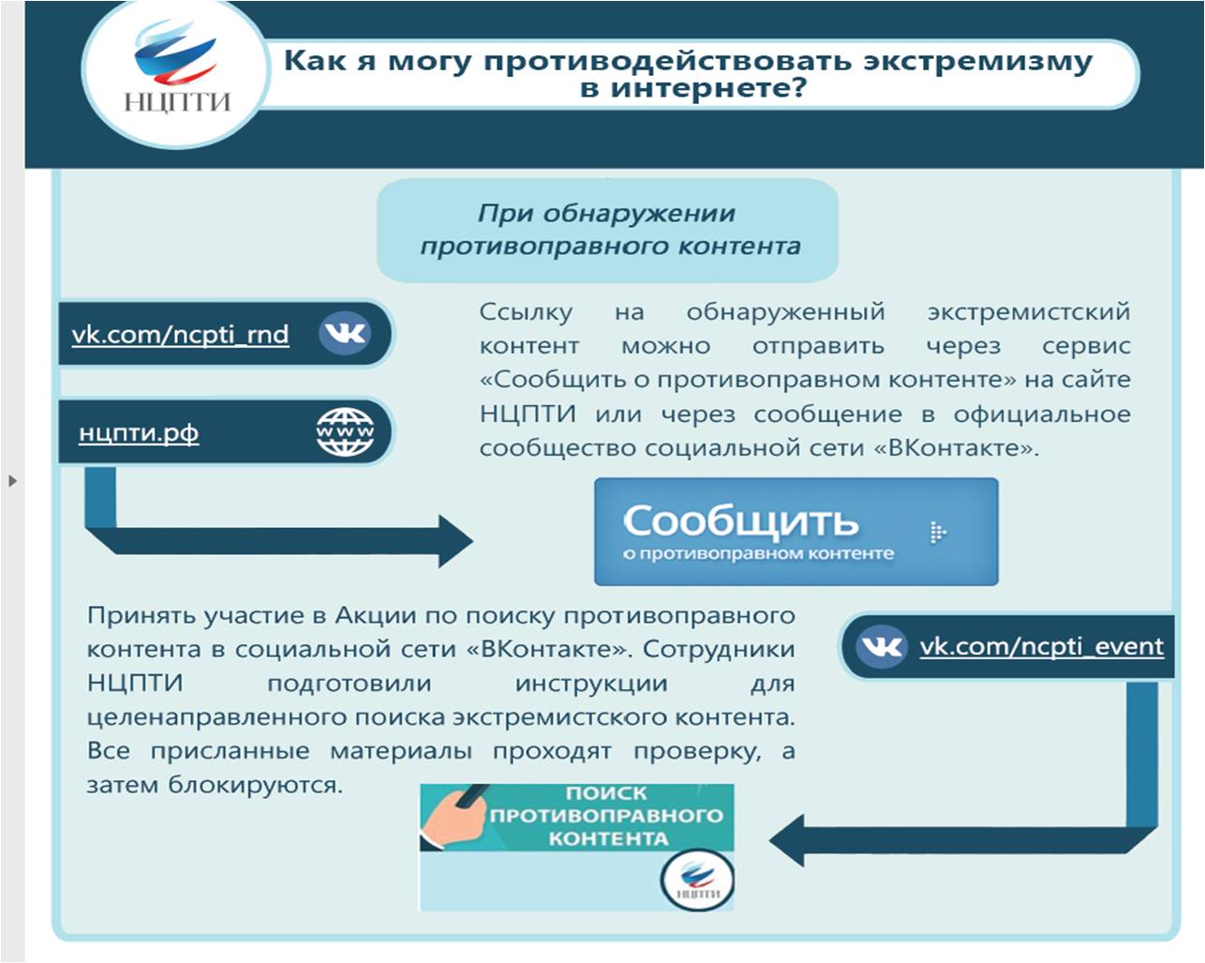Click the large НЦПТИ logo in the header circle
[176, 68]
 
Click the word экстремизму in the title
[977, 61]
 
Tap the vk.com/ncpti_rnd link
[180, 335]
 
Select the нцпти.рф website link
[139, 432]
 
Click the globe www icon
[345, 431]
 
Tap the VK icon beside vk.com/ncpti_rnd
[345, 334]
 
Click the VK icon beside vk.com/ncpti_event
[881, 646]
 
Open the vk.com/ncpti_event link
[1042, 647]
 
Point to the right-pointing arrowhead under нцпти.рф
[454, 541]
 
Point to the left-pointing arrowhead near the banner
[787, 840]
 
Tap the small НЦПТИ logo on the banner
[698, 880]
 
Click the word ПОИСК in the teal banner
[606, 793]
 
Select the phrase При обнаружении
[606, 214]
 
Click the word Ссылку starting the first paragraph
[526, 311]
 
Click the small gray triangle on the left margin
[13, 480]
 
